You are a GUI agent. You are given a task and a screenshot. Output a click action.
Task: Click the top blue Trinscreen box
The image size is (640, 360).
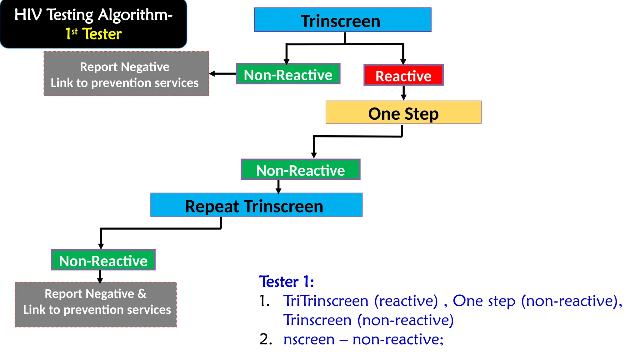(x=342, y=20)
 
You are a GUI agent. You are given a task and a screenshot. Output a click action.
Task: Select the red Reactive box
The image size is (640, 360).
(x=403, y=75)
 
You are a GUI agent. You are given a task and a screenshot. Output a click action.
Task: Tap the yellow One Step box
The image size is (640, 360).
(x=403, y=112)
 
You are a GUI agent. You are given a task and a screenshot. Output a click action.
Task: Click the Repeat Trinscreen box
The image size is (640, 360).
(x=256, y=205)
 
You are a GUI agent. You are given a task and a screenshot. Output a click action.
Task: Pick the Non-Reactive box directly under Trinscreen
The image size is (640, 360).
(x=288, y=74)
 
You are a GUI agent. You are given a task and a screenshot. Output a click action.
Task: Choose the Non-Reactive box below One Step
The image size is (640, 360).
(x=300, y=170)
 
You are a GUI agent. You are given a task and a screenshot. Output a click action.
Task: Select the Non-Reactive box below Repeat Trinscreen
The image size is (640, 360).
(x=103, y=260)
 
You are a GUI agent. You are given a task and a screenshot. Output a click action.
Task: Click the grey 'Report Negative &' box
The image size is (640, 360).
(x=96, y=305)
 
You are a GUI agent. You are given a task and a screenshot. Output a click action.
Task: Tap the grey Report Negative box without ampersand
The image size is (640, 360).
(x=126, y=74)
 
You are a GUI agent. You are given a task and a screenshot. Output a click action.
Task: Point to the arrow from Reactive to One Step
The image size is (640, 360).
(x=403, y=93)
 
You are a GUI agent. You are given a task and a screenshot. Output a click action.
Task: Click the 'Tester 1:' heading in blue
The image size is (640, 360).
(x=286, y=282)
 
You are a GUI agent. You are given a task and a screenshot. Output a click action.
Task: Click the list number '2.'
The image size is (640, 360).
(x=266, y=339)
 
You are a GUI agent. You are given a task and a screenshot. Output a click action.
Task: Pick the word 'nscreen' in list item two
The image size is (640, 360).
(x=309, y=339)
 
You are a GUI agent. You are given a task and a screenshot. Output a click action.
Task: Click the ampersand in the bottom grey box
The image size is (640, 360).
(x=142, y=294)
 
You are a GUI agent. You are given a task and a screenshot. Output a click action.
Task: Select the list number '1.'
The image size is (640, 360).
(x=264, y=301)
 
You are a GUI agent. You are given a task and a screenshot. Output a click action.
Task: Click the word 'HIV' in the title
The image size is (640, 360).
(x=28, y=15)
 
